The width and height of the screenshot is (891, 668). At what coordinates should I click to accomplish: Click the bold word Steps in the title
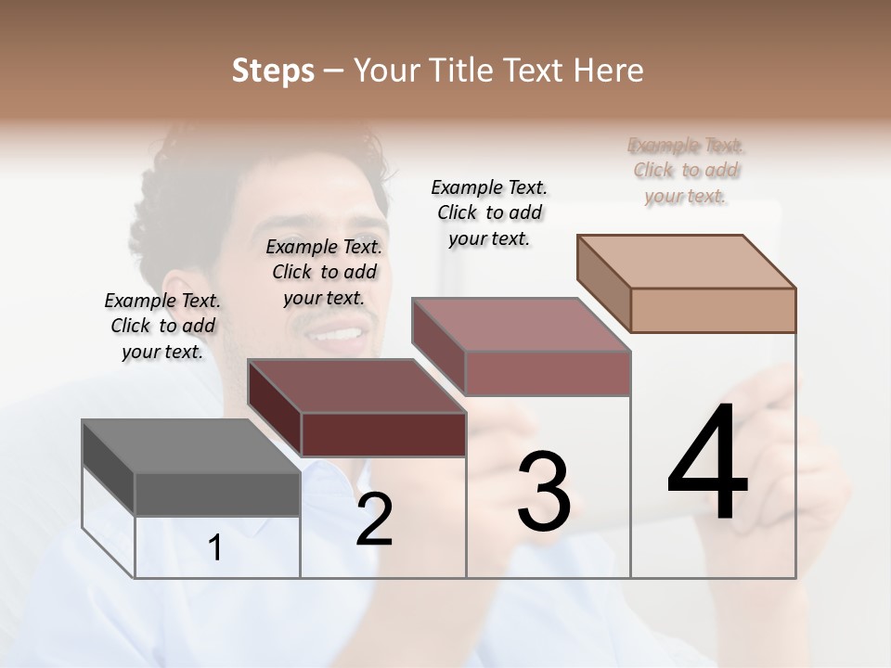click(273, 71)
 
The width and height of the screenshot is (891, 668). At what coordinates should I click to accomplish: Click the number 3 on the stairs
click(544, 492)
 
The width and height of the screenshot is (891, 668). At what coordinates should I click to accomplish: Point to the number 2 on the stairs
click(374, 520)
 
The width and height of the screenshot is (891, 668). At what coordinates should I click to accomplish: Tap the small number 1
click(215, 548)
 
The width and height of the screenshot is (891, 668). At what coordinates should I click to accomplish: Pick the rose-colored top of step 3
click(521, 325)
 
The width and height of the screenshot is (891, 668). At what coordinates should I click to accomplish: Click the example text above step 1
click(162, 326)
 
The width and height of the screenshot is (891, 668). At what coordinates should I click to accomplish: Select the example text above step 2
click(324, 272)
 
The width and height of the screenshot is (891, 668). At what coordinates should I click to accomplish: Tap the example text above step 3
click(489, 212)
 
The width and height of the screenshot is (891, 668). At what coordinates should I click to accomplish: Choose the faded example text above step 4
click(686, 170)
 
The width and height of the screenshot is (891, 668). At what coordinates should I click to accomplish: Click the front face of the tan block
click(713, 310)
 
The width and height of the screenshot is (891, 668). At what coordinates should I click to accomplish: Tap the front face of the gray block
click(217, 494)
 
